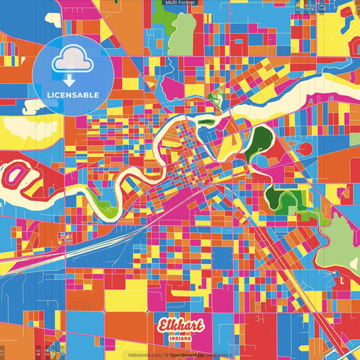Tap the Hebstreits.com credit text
(x=144, y=354)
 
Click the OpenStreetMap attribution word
(x=190, y=354)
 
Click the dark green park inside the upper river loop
(x=259, y=136)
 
